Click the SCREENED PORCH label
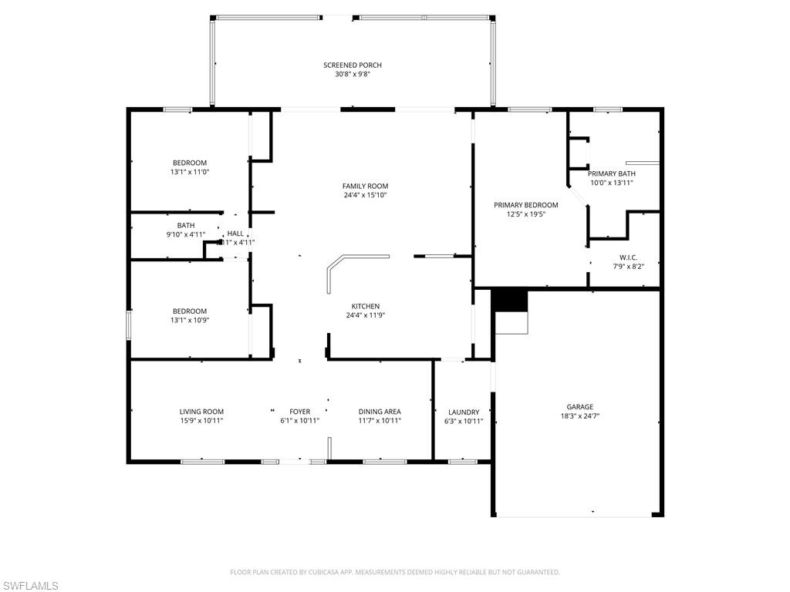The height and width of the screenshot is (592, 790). click(x=353, y=66)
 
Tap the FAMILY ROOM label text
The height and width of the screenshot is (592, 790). click(x=365, y=186)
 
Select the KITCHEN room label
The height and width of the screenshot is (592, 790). click(x=365, y=306)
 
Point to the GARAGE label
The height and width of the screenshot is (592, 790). click(x=579, y=407)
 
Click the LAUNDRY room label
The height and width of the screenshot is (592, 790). click(x=463, y=412)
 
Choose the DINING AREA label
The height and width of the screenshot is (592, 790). click(x=380, y=412)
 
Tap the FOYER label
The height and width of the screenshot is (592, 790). click(x=299, y=412)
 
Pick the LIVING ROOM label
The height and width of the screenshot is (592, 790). click(x=201, y=412)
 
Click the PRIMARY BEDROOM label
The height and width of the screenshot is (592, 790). click(x=525, y=205)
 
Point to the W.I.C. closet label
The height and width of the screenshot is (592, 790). click(x=628, y=257)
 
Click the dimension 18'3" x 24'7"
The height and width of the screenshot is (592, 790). click(x=579, y=416)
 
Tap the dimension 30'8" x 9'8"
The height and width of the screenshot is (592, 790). click(x=353, y=75)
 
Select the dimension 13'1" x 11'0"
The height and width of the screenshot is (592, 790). click(x=190, y=172)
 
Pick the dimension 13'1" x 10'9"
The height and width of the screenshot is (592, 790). click(x=190, y=320)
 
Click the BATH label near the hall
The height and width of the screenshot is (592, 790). click(x=186, y=225)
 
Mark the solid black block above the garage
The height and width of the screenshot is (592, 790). click(x=508, y=300)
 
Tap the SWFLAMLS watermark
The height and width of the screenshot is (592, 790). click(x=30, y=587)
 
